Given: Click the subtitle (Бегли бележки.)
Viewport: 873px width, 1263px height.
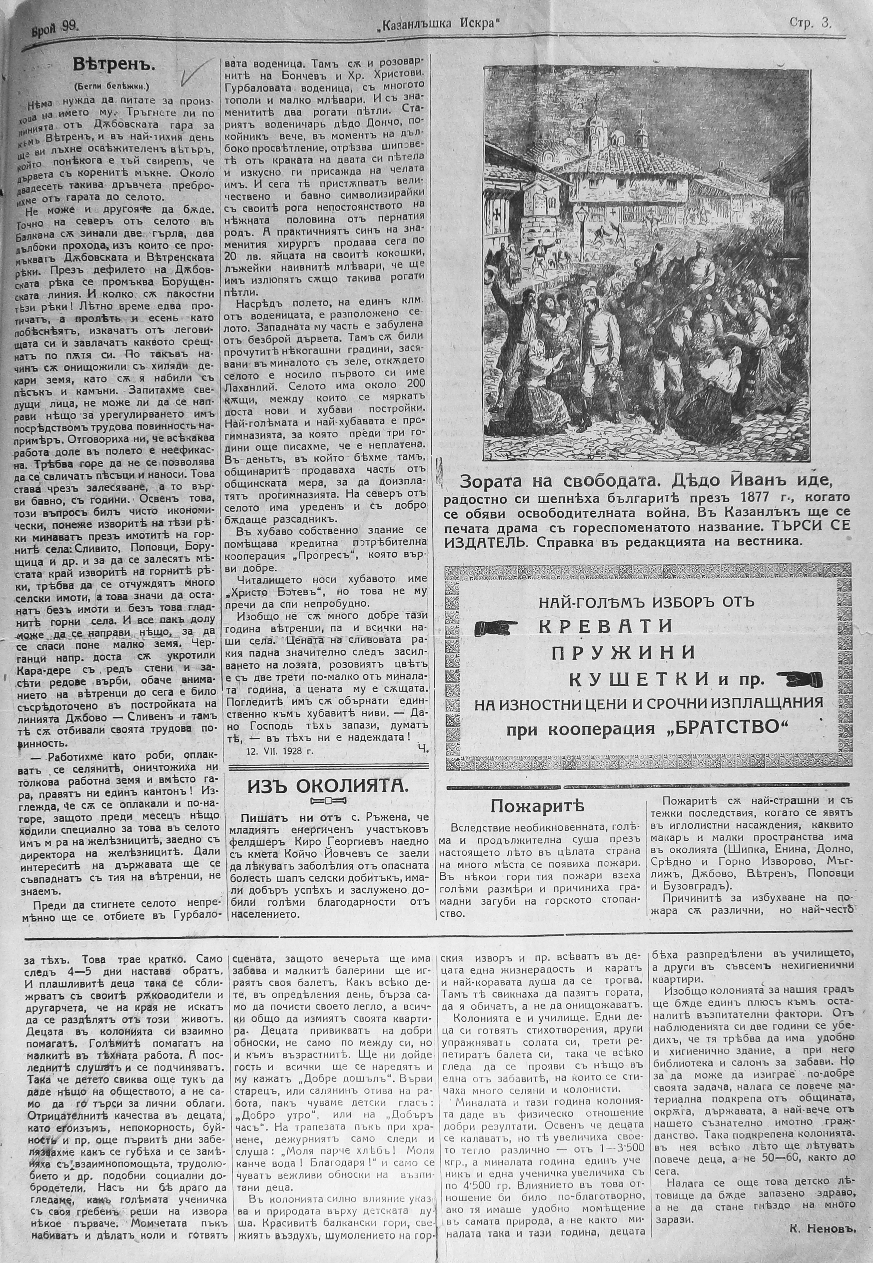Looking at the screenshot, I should click(114, 85).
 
